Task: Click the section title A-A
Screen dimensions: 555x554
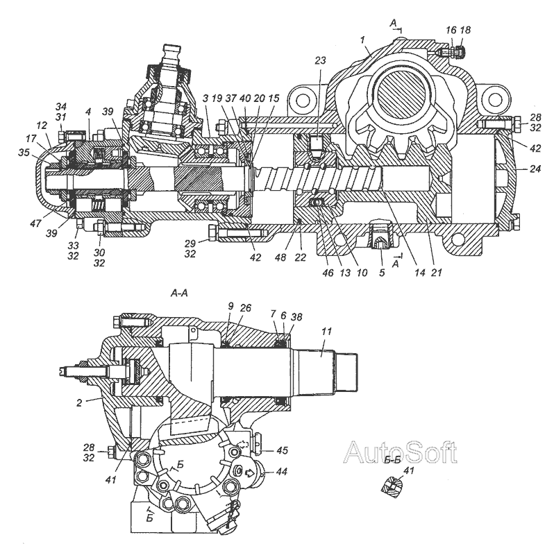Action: pyautogui.click(x=179, y=293)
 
